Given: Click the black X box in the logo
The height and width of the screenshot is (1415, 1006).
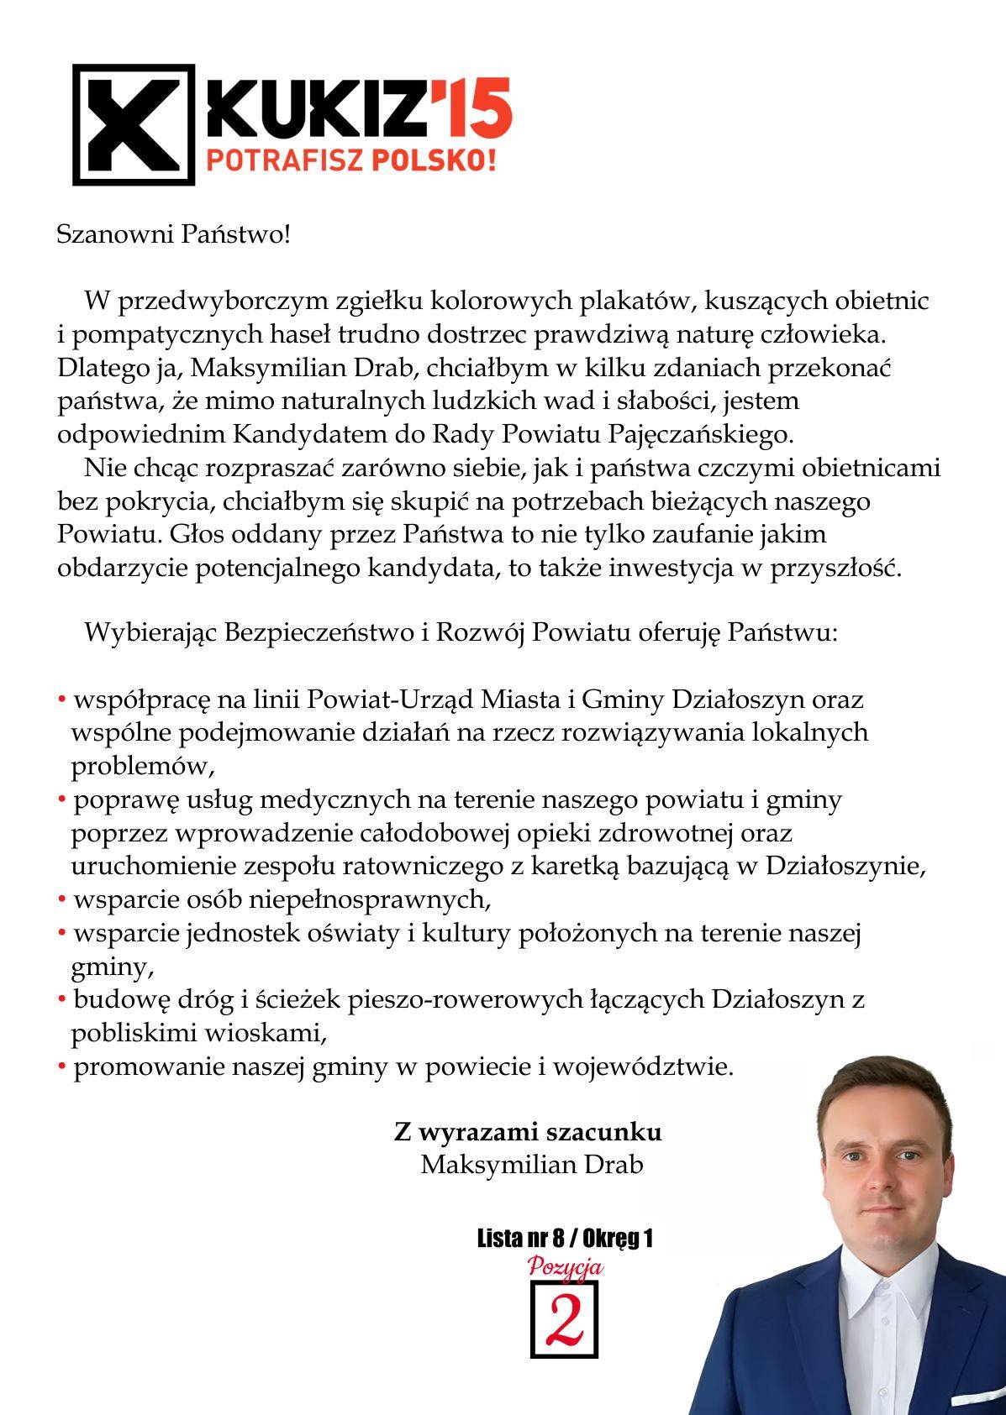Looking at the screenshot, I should pyautogui.click(x=126, y=124).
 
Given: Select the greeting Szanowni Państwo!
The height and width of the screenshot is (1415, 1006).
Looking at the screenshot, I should pyautogui.click(x=173, y=233).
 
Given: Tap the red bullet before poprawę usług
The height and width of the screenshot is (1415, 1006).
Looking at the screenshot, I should pyautogui.click(x=61, y=800).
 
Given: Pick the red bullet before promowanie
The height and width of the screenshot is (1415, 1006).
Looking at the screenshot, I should pyautogui.click(x=61, y=1067).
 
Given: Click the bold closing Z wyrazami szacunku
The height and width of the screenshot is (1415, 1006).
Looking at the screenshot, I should pyautogui.click(x=528, y=1132).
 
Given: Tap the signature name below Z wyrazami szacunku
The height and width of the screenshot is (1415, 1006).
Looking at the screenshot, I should pyautogui.click(x=532, y=1166).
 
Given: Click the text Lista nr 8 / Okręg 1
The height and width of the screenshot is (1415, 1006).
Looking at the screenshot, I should pyautogui.click(x=564, y=1238).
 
